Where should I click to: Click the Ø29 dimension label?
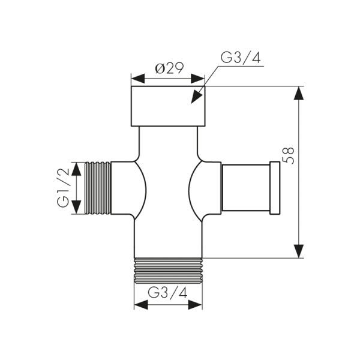169,68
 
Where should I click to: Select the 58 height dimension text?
288,154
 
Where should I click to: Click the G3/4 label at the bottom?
168,293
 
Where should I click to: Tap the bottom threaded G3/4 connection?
168,270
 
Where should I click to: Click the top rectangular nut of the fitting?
168,106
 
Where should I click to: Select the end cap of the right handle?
275,187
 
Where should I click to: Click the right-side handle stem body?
246,187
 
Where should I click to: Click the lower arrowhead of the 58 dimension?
299,250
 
